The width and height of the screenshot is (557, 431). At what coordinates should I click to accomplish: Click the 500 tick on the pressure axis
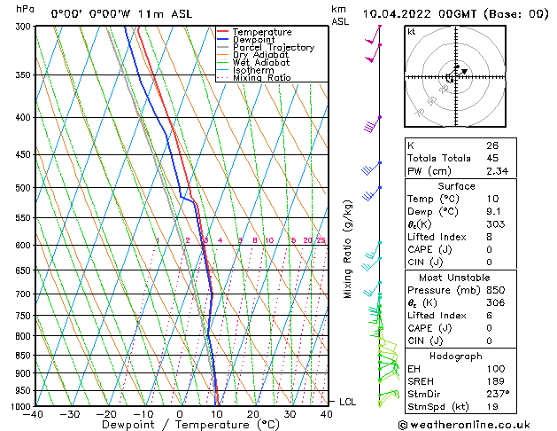click(x=23, y=188)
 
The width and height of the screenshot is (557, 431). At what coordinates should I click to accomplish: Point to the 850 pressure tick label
click(x=23, y=356)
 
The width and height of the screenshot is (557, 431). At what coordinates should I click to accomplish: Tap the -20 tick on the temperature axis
click(x=105, y=414)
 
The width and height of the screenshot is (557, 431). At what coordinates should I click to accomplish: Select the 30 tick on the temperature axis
click(x=290, y=414)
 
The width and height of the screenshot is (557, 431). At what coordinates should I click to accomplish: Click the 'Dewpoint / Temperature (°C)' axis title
click(x=182, y=426)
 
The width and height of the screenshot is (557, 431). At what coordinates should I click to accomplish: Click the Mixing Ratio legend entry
click(x=261, y=78)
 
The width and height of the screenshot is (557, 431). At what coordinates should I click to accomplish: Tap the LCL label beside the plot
click(x=348, y=402)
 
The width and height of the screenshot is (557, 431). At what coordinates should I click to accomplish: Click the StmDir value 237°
click(x=498, y=394)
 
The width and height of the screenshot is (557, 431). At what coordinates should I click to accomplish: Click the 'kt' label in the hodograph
click(x=411, y=31)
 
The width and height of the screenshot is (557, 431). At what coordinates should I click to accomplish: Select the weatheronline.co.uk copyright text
click(x=475, y=423)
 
